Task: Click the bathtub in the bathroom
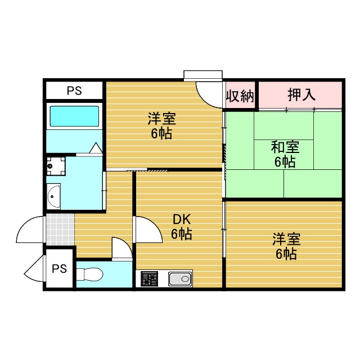point(74,116)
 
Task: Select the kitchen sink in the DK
point(180,278)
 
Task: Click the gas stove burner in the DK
point(149,278)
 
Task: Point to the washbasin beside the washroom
point(55,196)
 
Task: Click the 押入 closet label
point(301,94)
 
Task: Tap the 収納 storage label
point(241,96)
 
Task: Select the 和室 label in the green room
point(285,147)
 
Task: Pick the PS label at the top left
point(74,91)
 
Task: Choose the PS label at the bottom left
point(59,268)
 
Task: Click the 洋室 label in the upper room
point(161,119)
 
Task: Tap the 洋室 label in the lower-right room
point(286,239)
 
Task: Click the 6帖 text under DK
point(181,234)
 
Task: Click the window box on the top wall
point(203,75)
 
